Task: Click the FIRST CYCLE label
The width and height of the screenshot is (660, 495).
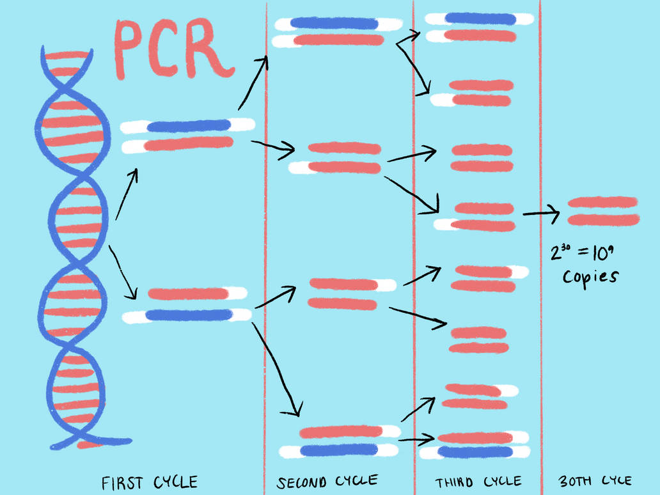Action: (150, 482)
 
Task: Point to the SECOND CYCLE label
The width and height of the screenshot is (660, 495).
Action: (327, 481)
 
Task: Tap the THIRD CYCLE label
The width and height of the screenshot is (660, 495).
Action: (478, 481)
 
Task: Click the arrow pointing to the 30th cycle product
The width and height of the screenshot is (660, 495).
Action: (541, 214)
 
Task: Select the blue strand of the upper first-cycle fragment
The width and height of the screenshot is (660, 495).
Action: (188, 126)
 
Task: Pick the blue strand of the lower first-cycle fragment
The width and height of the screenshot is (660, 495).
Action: (188, 315)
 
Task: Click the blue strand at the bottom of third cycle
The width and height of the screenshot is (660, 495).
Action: (475, 452)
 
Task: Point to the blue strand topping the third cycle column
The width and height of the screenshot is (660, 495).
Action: (479, 19)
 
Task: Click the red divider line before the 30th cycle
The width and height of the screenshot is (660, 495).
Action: (540, 320)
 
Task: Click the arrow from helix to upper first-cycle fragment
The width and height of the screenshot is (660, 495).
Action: (127, 194)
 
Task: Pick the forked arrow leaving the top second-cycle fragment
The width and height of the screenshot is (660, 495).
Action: (409, 58)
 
